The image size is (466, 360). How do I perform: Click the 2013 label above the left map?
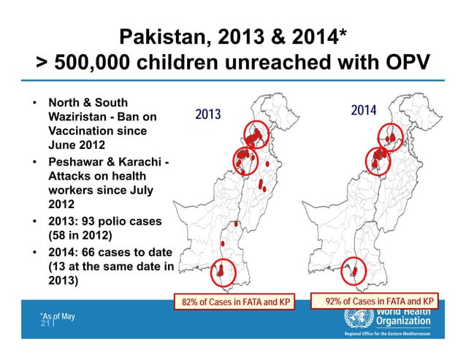point(207,115)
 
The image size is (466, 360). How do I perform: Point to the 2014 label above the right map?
point(363,111)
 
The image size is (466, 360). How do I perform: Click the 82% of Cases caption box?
point(233,301)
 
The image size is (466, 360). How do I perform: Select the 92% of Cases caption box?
point(381,301)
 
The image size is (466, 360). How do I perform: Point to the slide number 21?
point(45,322)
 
